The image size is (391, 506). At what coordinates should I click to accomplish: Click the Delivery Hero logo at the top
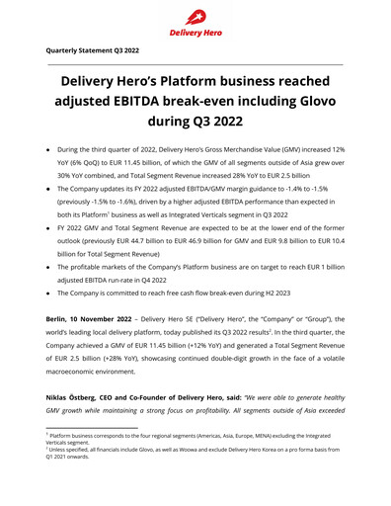[195, 20]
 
